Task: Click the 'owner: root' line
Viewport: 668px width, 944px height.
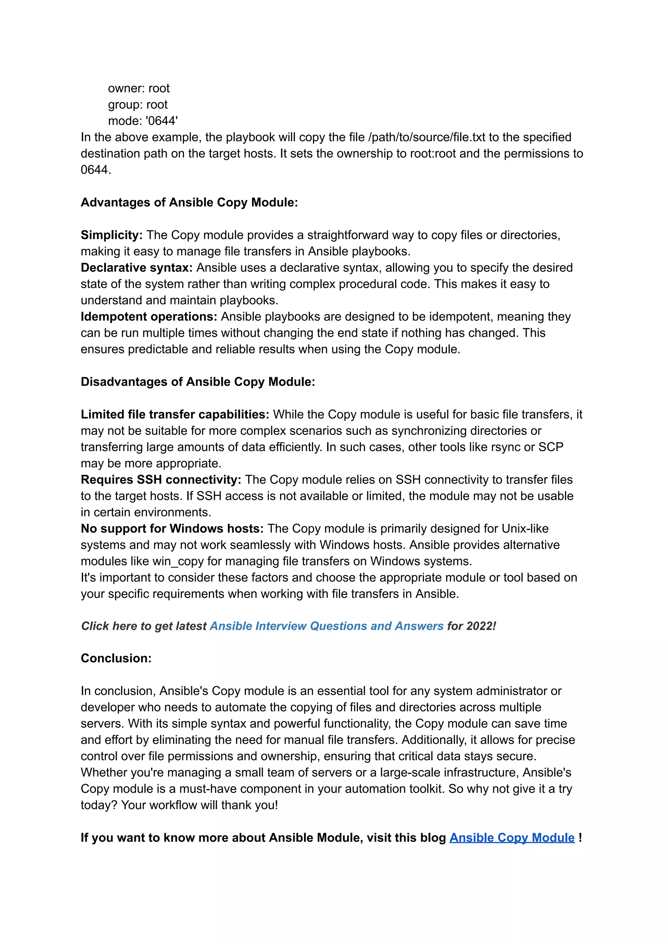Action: point(139,88)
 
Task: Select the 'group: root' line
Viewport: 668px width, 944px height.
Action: point(137,104)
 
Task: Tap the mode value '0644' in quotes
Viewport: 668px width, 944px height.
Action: point(162,121)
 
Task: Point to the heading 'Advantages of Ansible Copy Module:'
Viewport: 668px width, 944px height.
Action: point(189,202)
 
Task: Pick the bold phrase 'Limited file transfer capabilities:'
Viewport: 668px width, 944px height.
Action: point(175,414)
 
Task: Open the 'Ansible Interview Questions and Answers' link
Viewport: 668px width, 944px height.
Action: point(326,626)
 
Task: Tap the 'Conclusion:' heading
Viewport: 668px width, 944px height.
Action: point(116,658)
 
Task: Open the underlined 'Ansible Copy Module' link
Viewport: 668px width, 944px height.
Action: point(512,838)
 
